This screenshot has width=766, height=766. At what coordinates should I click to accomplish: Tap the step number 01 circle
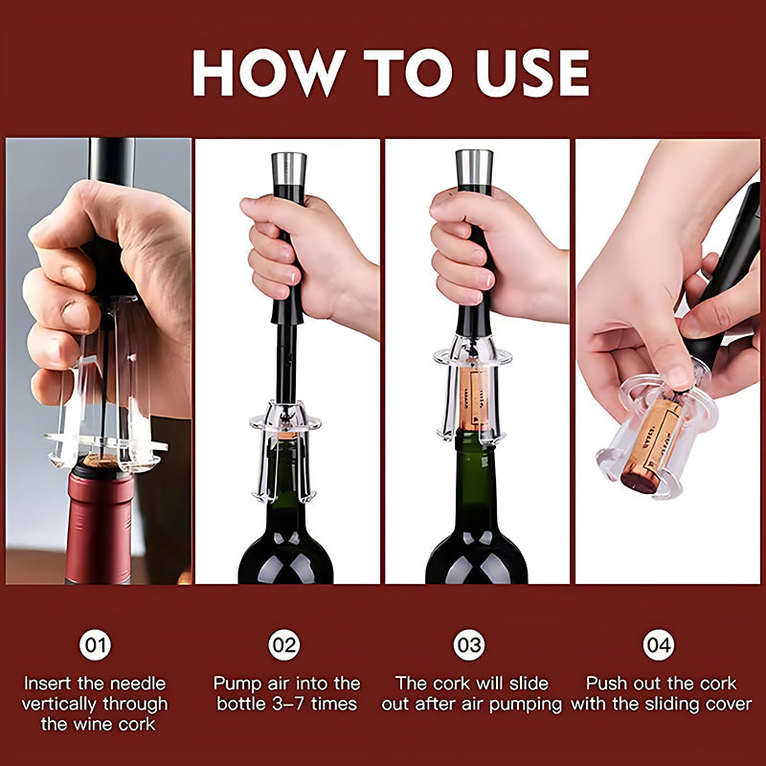95,644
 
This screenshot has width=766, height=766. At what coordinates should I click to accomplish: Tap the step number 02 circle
284,644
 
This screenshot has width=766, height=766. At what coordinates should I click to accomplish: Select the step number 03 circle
468,644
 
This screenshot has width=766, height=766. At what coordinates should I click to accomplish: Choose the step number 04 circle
658,644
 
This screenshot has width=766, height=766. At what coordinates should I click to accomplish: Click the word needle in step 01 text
134,684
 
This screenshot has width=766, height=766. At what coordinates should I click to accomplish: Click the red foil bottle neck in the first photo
99,527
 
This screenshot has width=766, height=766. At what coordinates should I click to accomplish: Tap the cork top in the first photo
100,462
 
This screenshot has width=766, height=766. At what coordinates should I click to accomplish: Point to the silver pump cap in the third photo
475,166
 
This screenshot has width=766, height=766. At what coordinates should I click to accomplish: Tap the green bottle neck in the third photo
476,479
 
